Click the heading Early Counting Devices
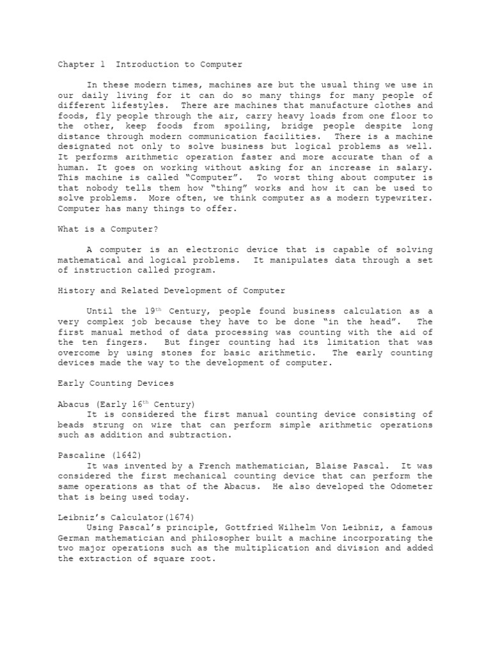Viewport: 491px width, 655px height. pyautogui.click(x=115, y=383)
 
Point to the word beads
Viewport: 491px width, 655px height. pyautogui.click(x=71, y=425)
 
